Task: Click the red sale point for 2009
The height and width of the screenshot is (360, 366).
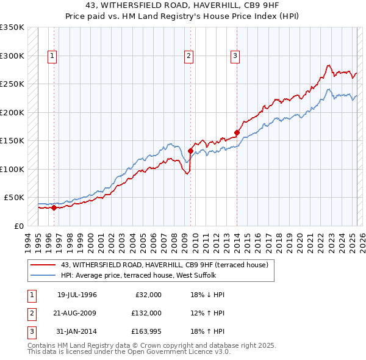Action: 190,151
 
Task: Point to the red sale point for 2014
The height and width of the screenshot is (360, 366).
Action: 237,132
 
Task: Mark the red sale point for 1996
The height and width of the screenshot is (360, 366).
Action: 54,207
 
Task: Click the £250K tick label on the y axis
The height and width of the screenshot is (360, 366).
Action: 12,84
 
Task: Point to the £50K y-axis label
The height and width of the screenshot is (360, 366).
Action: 14,198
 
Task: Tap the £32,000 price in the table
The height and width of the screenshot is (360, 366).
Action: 146,295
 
